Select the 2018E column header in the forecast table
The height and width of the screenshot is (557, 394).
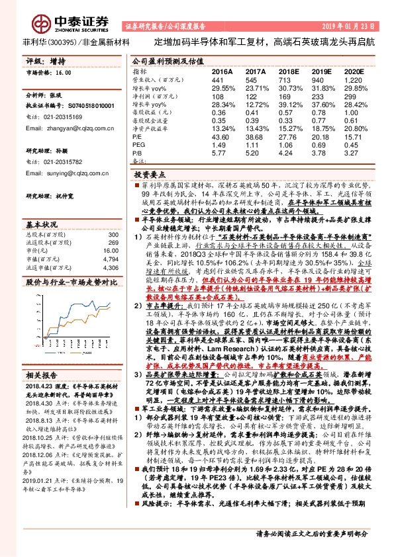coord(288,70)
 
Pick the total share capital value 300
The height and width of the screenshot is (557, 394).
coord(112,216)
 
